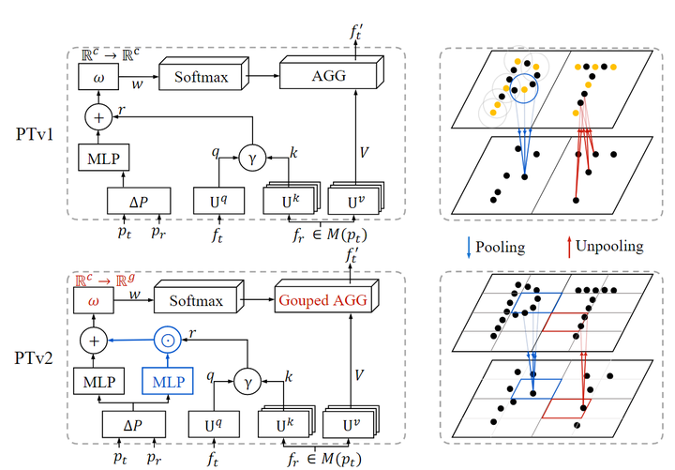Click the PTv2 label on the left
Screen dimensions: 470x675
click(x=37, y=359)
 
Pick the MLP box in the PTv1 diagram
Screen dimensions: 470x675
click(x=98, y=159)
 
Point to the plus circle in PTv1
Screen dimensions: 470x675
click(x=98, y=119)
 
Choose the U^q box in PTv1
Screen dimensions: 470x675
click(x=217, y=200)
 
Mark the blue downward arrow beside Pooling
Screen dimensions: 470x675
click(x=467, y=248)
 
